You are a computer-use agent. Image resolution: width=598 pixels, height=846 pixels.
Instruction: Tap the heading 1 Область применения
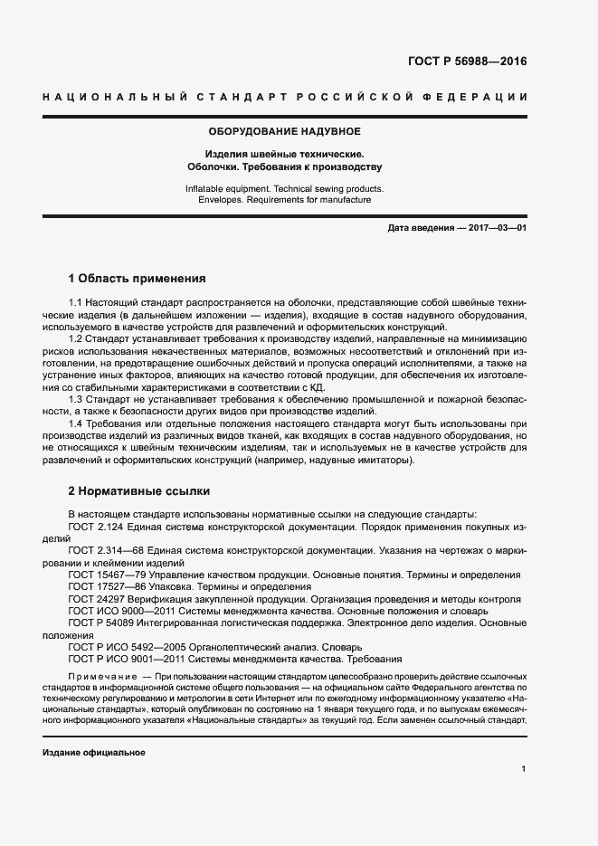[x=138, y=278]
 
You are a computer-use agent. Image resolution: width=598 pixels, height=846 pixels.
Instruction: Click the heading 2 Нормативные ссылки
[x=139, y=491]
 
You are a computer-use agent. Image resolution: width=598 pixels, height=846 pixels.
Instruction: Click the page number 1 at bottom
[x=523, y=769]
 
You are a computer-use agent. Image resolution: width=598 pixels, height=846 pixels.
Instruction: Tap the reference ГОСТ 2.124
[x=97, y=525]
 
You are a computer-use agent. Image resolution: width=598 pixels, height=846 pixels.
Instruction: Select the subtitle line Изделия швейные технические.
[x=285, y=154]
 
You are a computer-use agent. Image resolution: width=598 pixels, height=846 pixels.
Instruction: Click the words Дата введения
[x=420, y=228]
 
